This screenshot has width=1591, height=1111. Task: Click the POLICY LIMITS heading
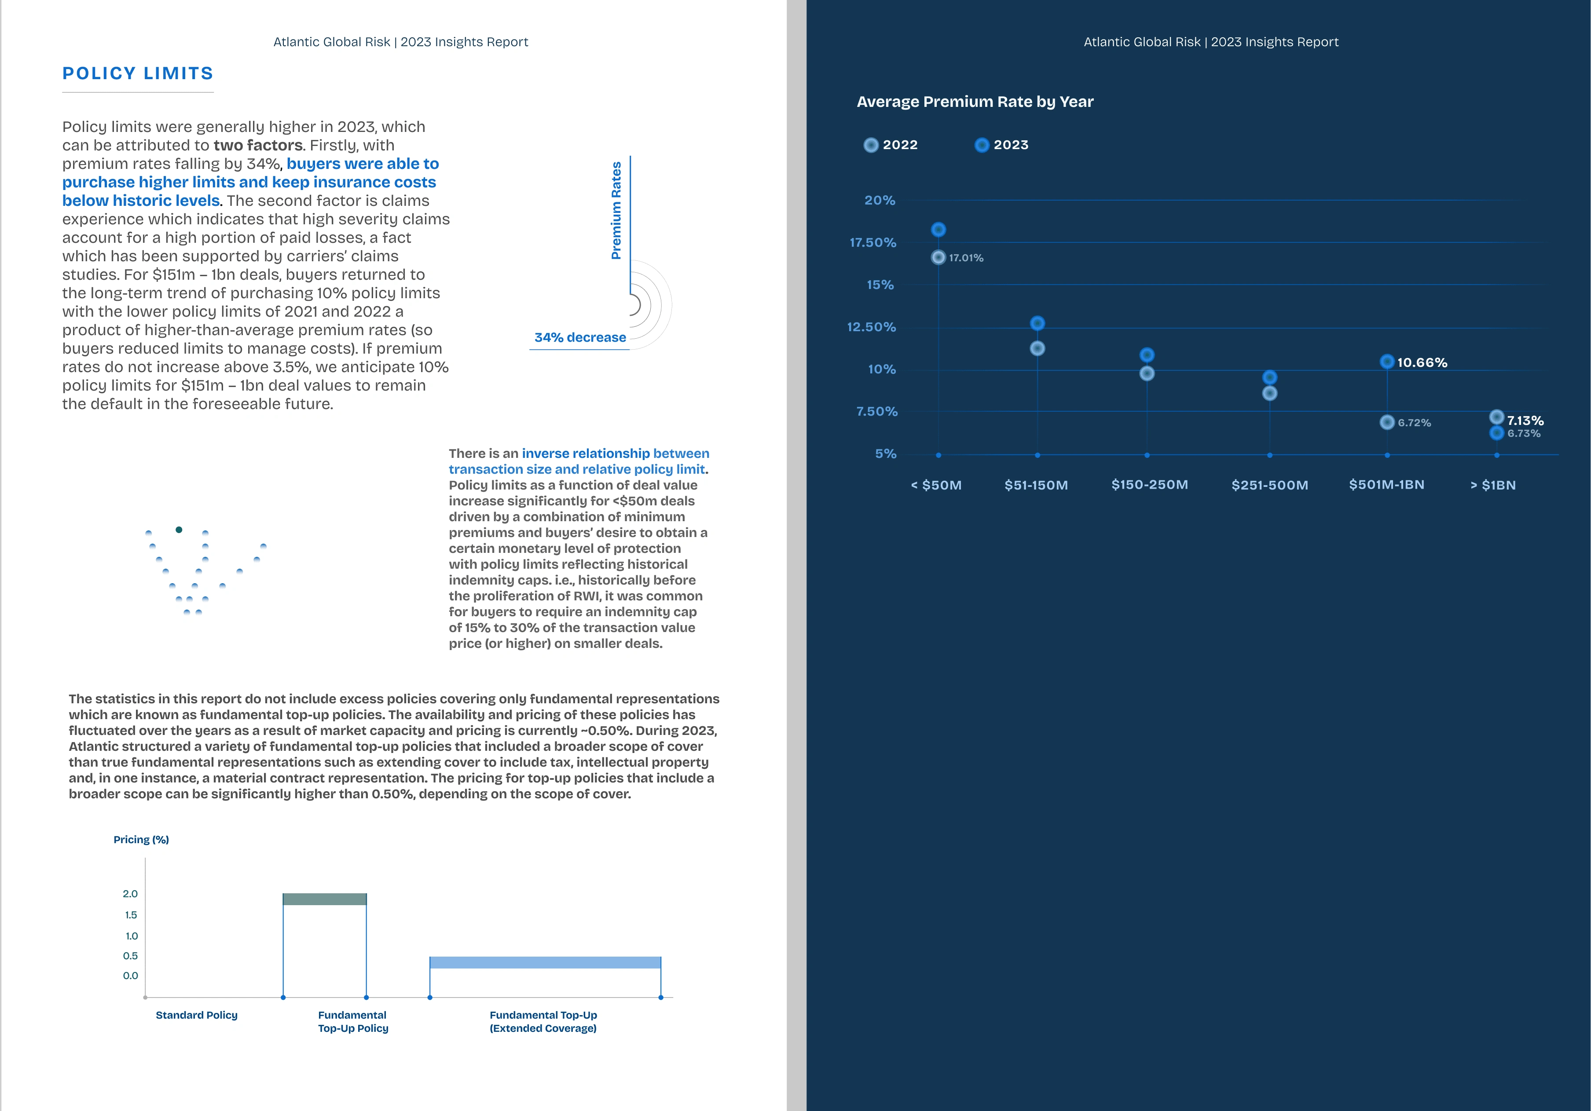click(x=137, y=73)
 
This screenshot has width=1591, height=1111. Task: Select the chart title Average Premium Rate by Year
click(x=974, y=102)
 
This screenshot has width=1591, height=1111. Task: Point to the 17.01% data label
click(x=965, y=258)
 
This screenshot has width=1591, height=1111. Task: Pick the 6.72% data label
click(x=1414, y=423)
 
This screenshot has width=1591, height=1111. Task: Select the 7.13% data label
click(x=1525, y=420)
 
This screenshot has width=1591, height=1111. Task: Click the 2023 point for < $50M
click(x=938, y=229)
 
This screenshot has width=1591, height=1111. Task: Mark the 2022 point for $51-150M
click(x=1037, y=348)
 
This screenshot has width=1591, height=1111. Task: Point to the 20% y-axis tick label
click(x=880, y=200)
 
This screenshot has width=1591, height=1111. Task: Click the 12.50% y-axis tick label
click(x=871, y=327)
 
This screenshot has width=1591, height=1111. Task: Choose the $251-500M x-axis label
click(x=1269, y=485)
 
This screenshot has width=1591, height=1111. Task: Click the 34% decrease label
click(x=580, y=337)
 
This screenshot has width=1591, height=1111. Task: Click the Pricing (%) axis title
click(x=141, y=840)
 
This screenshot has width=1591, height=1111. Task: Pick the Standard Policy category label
click(x=196, y=1015)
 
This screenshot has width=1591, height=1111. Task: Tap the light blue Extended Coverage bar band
click(x=545, y=962)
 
